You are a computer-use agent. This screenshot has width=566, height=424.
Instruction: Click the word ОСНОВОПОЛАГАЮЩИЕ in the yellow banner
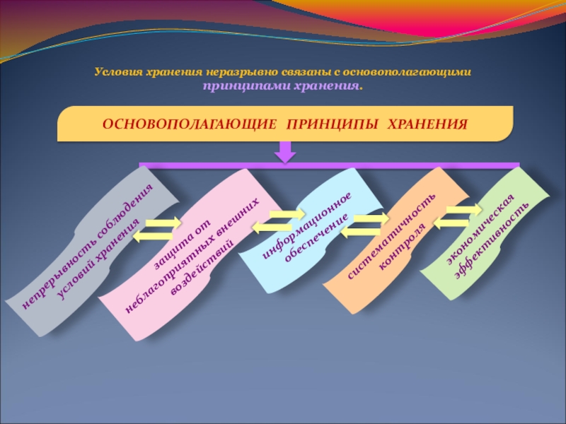click(x=189, y=124)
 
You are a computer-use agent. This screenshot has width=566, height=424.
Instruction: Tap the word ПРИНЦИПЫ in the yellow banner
click(x=333, y=124)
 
